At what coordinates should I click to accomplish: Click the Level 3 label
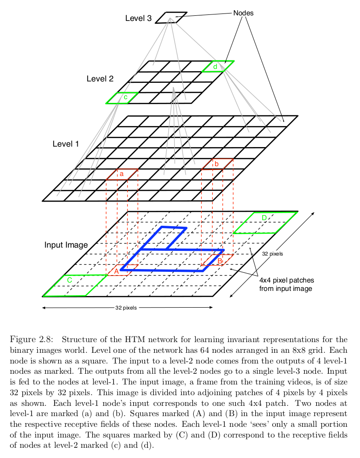point(138,19)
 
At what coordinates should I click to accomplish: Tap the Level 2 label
point(100,79)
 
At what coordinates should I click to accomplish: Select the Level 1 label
point(66,144)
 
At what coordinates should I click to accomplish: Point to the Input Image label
point(66,245)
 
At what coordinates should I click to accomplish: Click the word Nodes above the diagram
point(243,13)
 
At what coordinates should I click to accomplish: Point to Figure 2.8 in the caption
point(32,339)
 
